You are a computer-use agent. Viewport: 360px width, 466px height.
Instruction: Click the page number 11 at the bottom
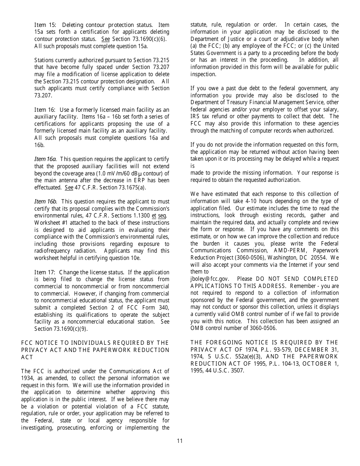[x=180, y=441]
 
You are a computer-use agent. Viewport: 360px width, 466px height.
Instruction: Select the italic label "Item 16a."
[x=45, y=159]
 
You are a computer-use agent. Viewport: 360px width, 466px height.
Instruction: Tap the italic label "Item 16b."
[x=45, y=202]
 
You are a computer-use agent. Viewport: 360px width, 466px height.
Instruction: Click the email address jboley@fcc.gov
[x=210, y=279]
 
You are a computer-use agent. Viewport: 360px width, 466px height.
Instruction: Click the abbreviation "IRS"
[x=196, y=116]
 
